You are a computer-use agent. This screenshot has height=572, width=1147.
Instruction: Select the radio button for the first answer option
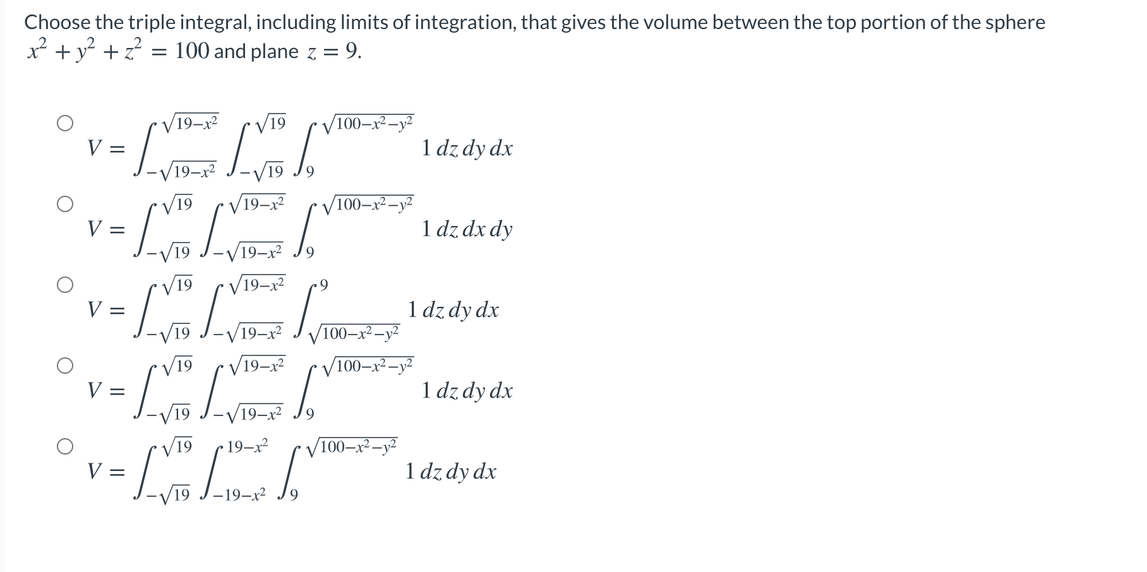(x=64, y=123)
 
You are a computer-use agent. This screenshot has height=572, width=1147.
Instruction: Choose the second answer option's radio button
(x=64, y=204)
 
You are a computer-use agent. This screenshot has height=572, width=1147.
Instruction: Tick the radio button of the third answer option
(x=64, y=285)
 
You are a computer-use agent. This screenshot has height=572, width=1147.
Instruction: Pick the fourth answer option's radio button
(x=64, y=366)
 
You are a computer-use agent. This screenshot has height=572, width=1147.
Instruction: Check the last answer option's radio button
(x=64, y=446)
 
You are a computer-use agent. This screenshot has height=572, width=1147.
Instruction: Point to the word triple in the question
(x=151, y=23)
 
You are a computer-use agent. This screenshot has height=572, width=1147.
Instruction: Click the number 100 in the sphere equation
(x=192, y=51)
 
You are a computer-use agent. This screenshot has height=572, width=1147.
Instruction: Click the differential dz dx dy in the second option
(x=467, y=229)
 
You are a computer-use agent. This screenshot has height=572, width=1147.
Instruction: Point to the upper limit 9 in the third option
(x=323, y=285)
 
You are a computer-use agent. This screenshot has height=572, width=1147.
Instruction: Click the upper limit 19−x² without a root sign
(x=248, y=447)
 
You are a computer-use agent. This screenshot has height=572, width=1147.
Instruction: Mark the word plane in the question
(x=274, y=51)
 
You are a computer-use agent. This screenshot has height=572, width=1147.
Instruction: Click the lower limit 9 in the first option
(x=310, y=172)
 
